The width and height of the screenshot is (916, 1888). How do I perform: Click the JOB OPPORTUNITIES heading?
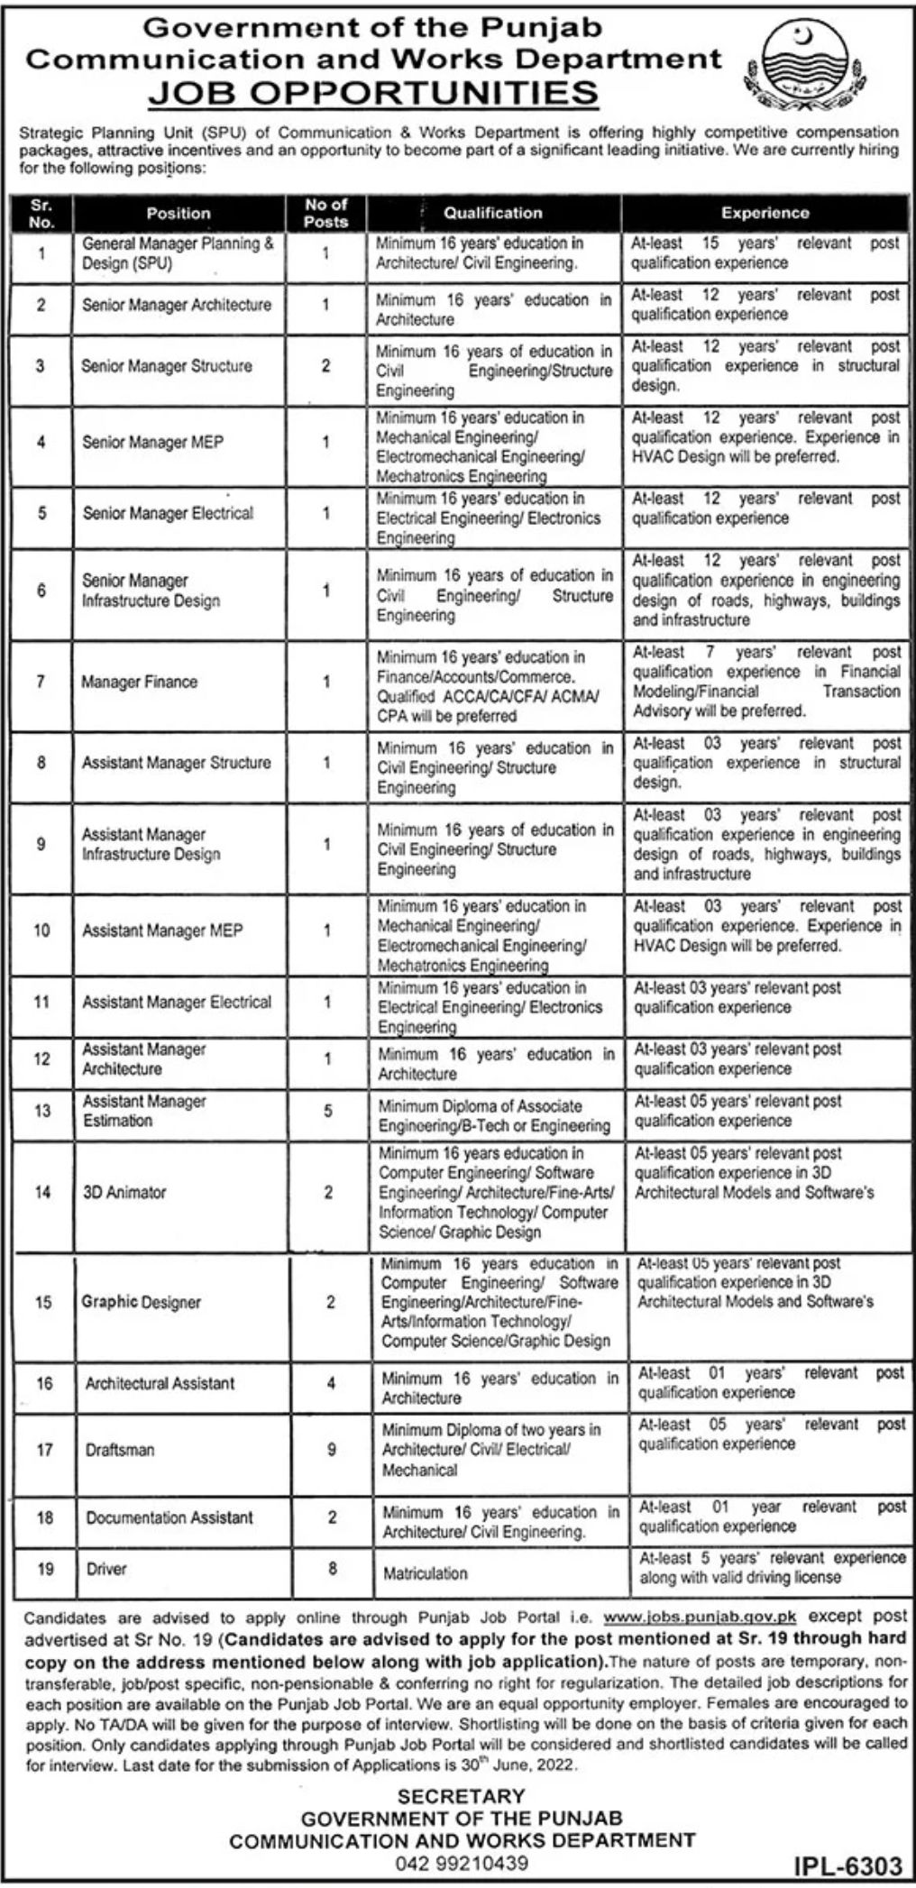(372, 93)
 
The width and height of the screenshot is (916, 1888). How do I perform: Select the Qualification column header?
(493, 213)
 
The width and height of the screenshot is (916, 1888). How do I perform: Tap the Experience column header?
(765, 213)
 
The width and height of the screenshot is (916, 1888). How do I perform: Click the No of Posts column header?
(325, 213)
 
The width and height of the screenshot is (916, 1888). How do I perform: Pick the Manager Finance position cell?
(139, 682)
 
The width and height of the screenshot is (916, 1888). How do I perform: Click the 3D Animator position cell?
(124, 1192)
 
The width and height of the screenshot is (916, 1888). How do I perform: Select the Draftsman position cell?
(120, 1450)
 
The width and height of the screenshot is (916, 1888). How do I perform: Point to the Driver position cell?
(105, 1569)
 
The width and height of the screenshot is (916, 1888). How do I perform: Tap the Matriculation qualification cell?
(425, 1573)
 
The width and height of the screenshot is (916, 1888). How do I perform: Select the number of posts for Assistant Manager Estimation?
(327, 1112)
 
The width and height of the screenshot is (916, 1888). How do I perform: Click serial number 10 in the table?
(41, 930)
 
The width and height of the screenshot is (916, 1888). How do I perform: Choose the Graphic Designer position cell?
(142, 1302)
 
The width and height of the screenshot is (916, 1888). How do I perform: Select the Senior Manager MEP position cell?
(152, 443)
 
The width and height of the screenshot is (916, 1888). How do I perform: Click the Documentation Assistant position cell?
(169, 1517)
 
